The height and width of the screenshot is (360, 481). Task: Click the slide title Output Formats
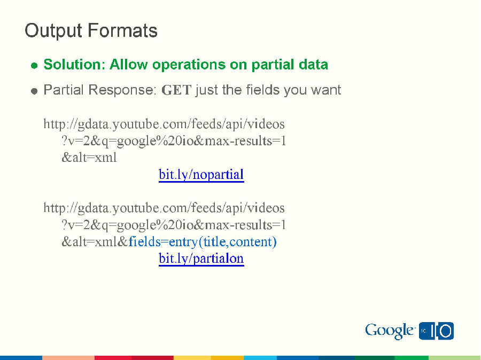tap(91, 30)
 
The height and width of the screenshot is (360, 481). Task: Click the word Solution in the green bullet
tap(74, 65)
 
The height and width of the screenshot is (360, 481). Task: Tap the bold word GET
tap(176, 90)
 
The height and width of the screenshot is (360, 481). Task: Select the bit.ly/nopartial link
tap(201, 175)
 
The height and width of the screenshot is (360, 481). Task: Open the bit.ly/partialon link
tap(201, 259)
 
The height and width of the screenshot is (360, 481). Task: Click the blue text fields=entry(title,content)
tap(203, 242)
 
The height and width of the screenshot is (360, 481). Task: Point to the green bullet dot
tap(34, 66)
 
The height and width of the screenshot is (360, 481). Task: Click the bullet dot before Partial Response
tap(34, 91)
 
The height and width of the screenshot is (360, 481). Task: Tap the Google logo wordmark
tap(390, 331)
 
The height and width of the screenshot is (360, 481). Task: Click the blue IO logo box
tap(436, 331)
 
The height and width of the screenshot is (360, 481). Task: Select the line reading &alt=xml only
tap(89, 158)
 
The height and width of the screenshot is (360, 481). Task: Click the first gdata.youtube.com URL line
tap(164, 124)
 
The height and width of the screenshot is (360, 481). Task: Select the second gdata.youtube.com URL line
tap(164, 208)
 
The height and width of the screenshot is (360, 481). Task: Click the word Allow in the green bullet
tap(129, 65)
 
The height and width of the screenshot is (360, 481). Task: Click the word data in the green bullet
tap(313, 65)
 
